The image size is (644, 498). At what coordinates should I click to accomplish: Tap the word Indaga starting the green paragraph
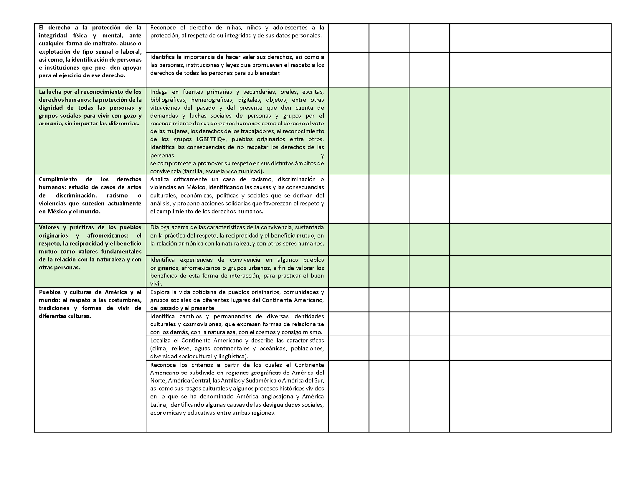pos(159,92)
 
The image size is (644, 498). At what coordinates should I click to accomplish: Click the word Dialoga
pos(161,227)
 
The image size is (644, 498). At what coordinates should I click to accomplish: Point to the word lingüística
pos(233,356)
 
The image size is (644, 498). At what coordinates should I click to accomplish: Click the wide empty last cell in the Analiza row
pos(530,199)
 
